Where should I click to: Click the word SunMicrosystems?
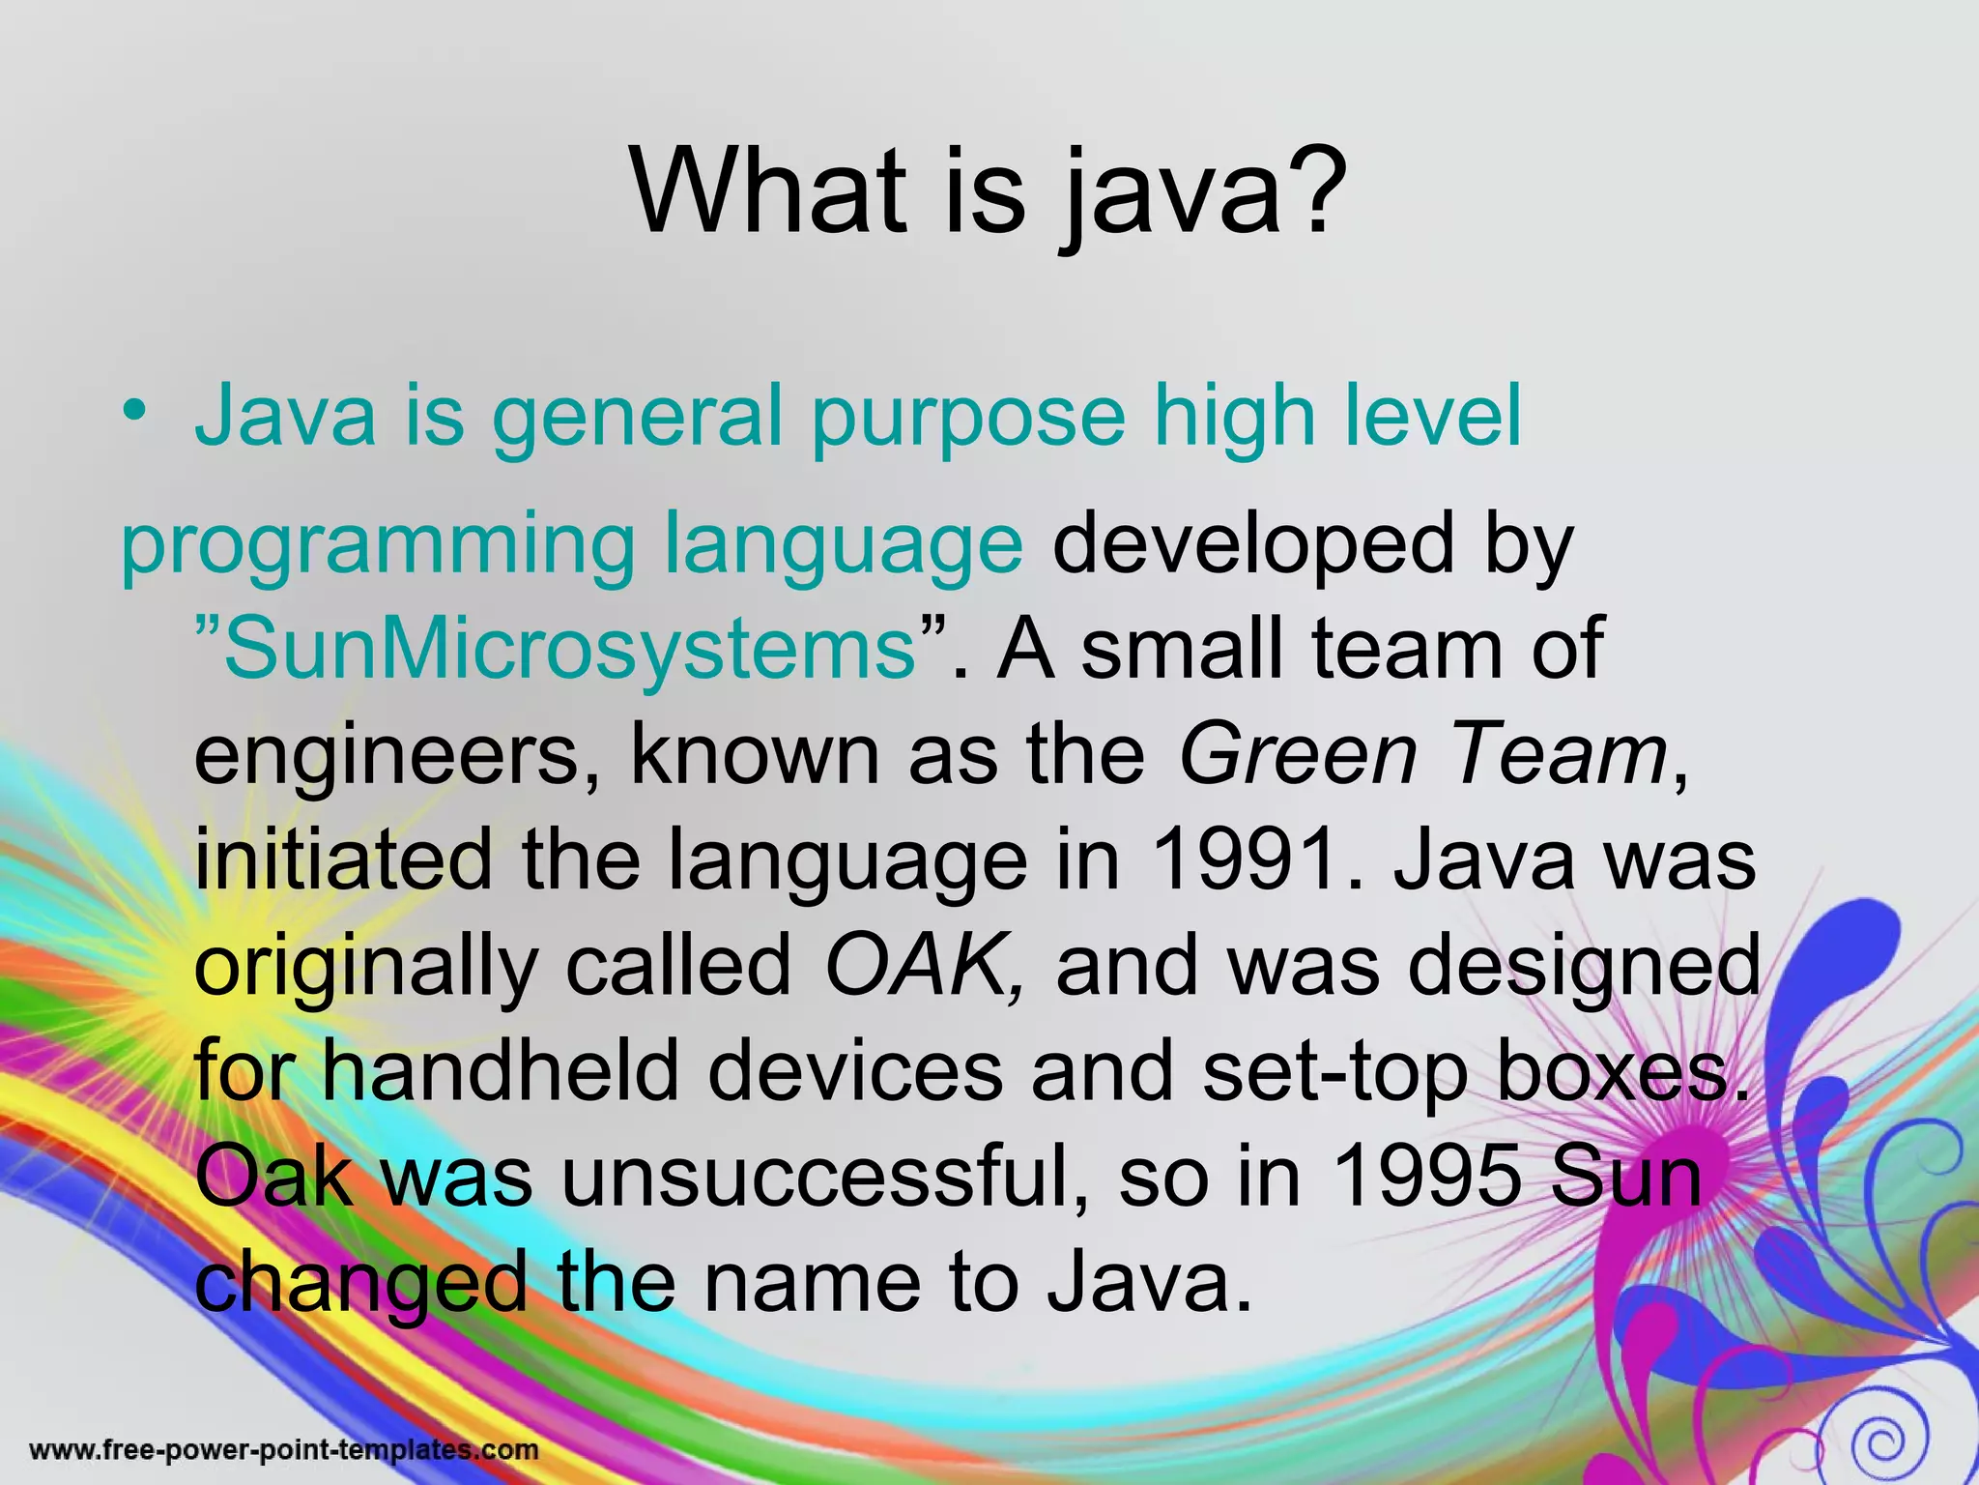point(570,649)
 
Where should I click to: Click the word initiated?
point(343,860)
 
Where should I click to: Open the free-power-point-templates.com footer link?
point(284,1450)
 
